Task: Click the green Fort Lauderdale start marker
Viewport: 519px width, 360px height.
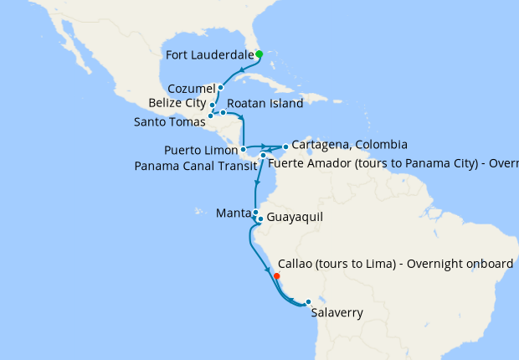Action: point(259,54)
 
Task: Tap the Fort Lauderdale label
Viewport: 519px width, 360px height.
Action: point(210,55)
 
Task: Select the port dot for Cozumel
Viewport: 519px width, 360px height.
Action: point(220,87)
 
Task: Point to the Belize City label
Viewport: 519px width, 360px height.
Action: point(177,103)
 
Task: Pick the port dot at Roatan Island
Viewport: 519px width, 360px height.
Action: point(224,112)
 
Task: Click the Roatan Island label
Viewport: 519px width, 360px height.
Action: point(265,109)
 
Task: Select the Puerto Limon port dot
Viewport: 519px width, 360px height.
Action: point(243,150)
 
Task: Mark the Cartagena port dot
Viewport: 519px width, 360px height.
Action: point(285,147)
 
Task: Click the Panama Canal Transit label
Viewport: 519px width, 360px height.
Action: point(195,165)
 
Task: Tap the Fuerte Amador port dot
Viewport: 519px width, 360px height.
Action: point(263,156)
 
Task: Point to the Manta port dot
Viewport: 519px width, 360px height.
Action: point(254,213)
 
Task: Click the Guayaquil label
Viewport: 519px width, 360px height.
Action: point(294,218)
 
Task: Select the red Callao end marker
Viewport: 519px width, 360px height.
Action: point(276,275)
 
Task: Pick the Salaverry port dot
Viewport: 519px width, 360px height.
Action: point(308,302)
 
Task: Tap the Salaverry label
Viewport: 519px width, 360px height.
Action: point(337,314)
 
